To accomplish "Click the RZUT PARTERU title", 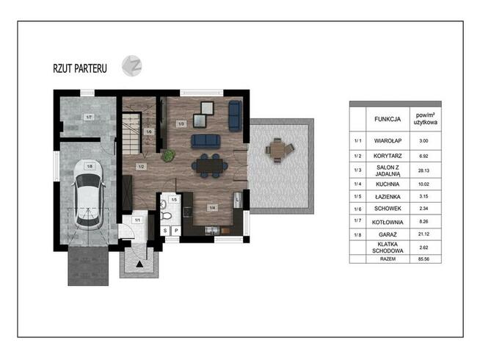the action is pos(80,68).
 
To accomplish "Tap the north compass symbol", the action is pos(132,66).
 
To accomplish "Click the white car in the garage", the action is pos(88,195).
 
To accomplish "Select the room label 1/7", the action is pos(89,117).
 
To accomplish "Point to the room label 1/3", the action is pos(181,123).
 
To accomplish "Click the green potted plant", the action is pos(168,155).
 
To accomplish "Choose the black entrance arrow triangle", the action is pos(139,264).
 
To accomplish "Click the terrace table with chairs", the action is pos(279,151).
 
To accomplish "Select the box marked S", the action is pos(165,231).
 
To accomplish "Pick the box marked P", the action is pos(176,231).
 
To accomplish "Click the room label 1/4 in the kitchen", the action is pos(212,208).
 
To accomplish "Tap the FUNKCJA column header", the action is pos(388,119).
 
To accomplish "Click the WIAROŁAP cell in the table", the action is pos(388,141).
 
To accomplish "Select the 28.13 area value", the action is pos(423,170).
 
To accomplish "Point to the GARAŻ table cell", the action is pos(388,234).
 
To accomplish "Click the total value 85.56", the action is pos(423,259).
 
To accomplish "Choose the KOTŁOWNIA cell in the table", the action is pos(388,222).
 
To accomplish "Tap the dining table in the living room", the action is pos(210,166).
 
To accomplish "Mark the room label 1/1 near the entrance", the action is pos(137,220).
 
